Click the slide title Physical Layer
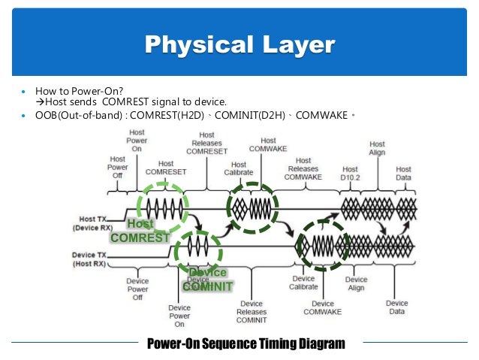[x=239, y=44]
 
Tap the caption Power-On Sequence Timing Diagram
[x=246, y=344]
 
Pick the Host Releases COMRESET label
[x=206, y=141]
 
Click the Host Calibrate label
[x=238, y=169]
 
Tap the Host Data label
[x=403, y=174]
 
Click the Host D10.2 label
[x=350, y=174]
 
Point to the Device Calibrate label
[x=303, y=283]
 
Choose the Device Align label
[x=356, y=284]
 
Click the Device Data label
[x=396, y=307]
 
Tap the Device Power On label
[x=179, y=316]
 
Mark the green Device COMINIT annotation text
[x=207, y=279]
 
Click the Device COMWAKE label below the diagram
[x=324, y=308]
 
